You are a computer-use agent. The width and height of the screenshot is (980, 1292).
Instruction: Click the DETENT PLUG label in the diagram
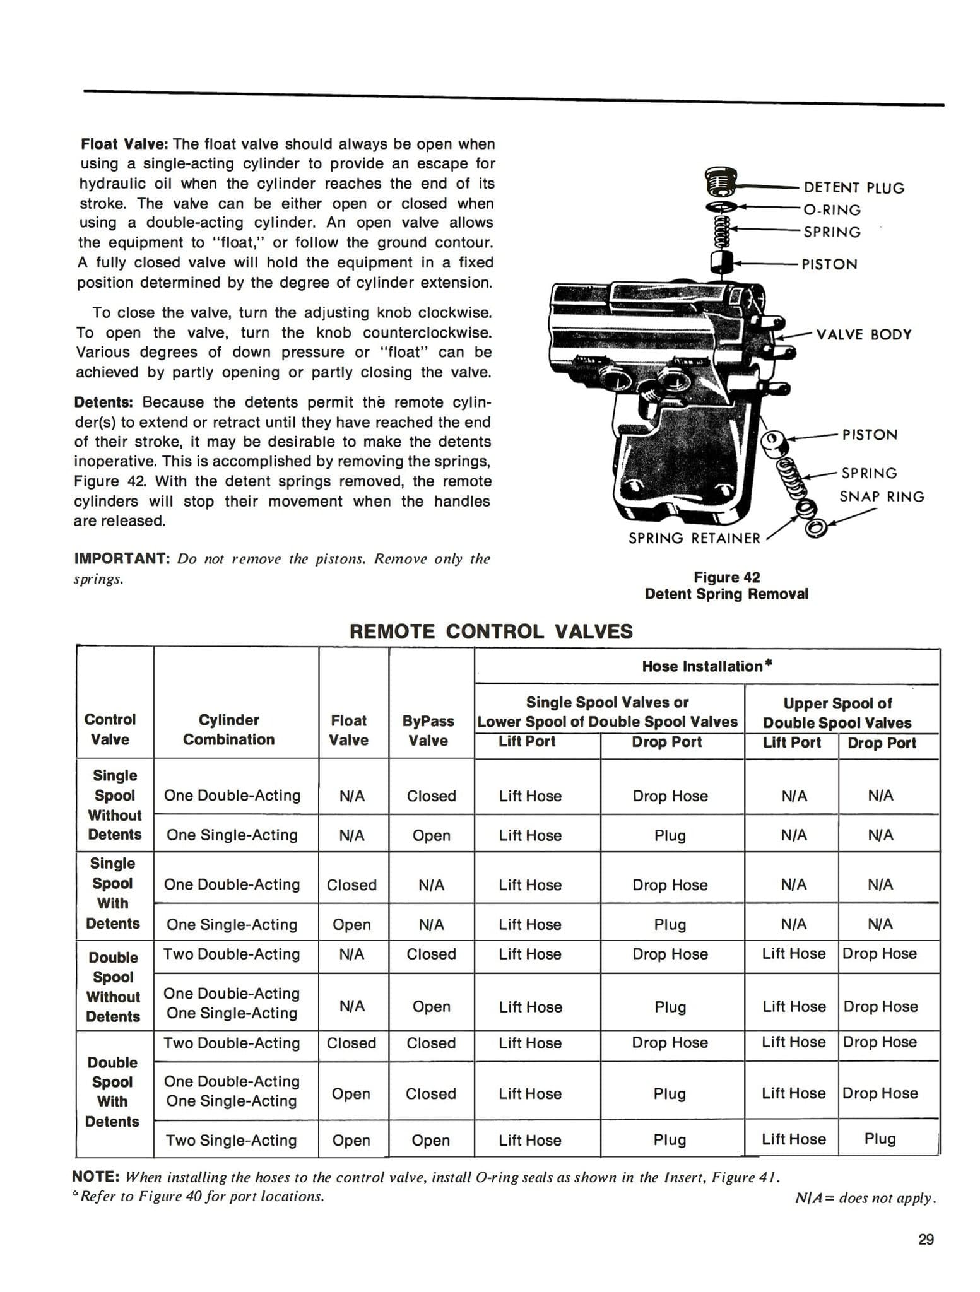[853, 188]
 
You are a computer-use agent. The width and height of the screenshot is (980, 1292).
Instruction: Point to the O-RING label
[832, 210]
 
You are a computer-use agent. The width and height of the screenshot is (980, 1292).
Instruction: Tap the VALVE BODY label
[863, 334]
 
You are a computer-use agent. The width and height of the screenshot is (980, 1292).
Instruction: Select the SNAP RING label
[881, 496]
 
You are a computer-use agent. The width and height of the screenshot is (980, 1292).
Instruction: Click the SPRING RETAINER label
[694, 538]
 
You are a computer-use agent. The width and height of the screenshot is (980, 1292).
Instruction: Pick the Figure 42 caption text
[726, 585]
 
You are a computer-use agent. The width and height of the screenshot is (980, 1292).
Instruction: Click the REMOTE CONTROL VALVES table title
[490, 631]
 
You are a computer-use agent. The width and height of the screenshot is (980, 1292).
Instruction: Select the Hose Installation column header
[707, 666]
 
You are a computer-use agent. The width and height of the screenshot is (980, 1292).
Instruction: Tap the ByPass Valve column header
[428, 730]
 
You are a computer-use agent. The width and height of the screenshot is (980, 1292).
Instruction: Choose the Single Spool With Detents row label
[113, 893]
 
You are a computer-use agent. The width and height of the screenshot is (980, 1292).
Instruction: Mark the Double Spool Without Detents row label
[113, 987]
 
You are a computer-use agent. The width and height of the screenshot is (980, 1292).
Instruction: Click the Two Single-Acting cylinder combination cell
[231, 1140]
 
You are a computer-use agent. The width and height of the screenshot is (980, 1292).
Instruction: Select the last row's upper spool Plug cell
[880, 1139]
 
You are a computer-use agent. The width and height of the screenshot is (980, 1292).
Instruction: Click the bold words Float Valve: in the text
[124, 144]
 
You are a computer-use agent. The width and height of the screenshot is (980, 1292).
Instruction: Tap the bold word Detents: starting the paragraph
[105, 402]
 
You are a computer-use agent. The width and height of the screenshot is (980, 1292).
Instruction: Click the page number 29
[926, 1240]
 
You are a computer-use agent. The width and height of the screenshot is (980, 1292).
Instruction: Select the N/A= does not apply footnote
[865, 1197]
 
